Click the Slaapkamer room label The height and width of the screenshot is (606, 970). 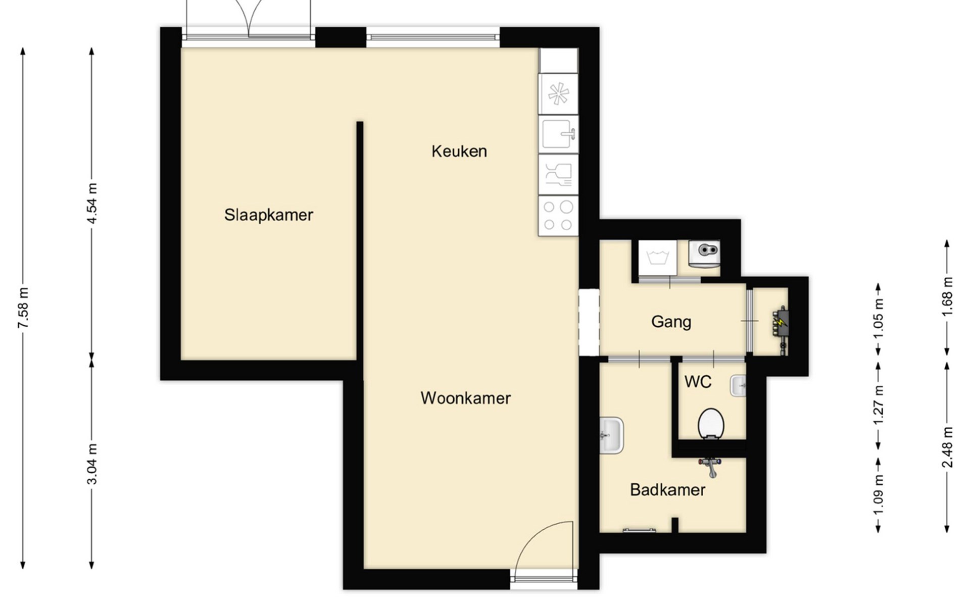click(x=269, y=215)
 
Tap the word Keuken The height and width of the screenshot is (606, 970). click(x=459, y=151)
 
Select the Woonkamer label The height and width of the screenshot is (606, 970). click(x=466, y=398)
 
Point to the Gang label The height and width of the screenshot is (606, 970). click(x=671, y=322)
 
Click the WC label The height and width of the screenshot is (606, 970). click(x=698, y=382)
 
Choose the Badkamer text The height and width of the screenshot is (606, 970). click(x=668, y=489)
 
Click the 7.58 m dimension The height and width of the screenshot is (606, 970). click(x=23, y=308)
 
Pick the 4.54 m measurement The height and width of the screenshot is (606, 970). click(x=92, y=203)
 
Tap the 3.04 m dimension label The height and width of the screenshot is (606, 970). click(x=92, y=464)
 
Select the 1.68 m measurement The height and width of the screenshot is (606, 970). click(x=947, y=297)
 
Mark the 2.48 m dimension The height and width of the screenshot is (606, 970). click(x=947, y=447)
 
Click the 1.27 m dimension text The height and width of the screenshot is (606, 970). click(x=879, y=405)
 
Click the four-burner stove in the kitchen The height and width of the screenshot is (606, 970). click(x=558, y=216)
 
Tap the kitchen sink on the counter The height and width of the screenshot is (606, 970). click(x=558, y=134)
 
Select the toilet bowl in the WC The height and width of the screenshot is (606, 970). click(x=711, y=423)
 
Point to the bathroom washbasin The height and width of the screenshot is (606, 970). click(x=611, y=435)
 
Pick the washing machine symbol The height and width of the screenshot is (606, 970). click(x=657, y=258)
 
